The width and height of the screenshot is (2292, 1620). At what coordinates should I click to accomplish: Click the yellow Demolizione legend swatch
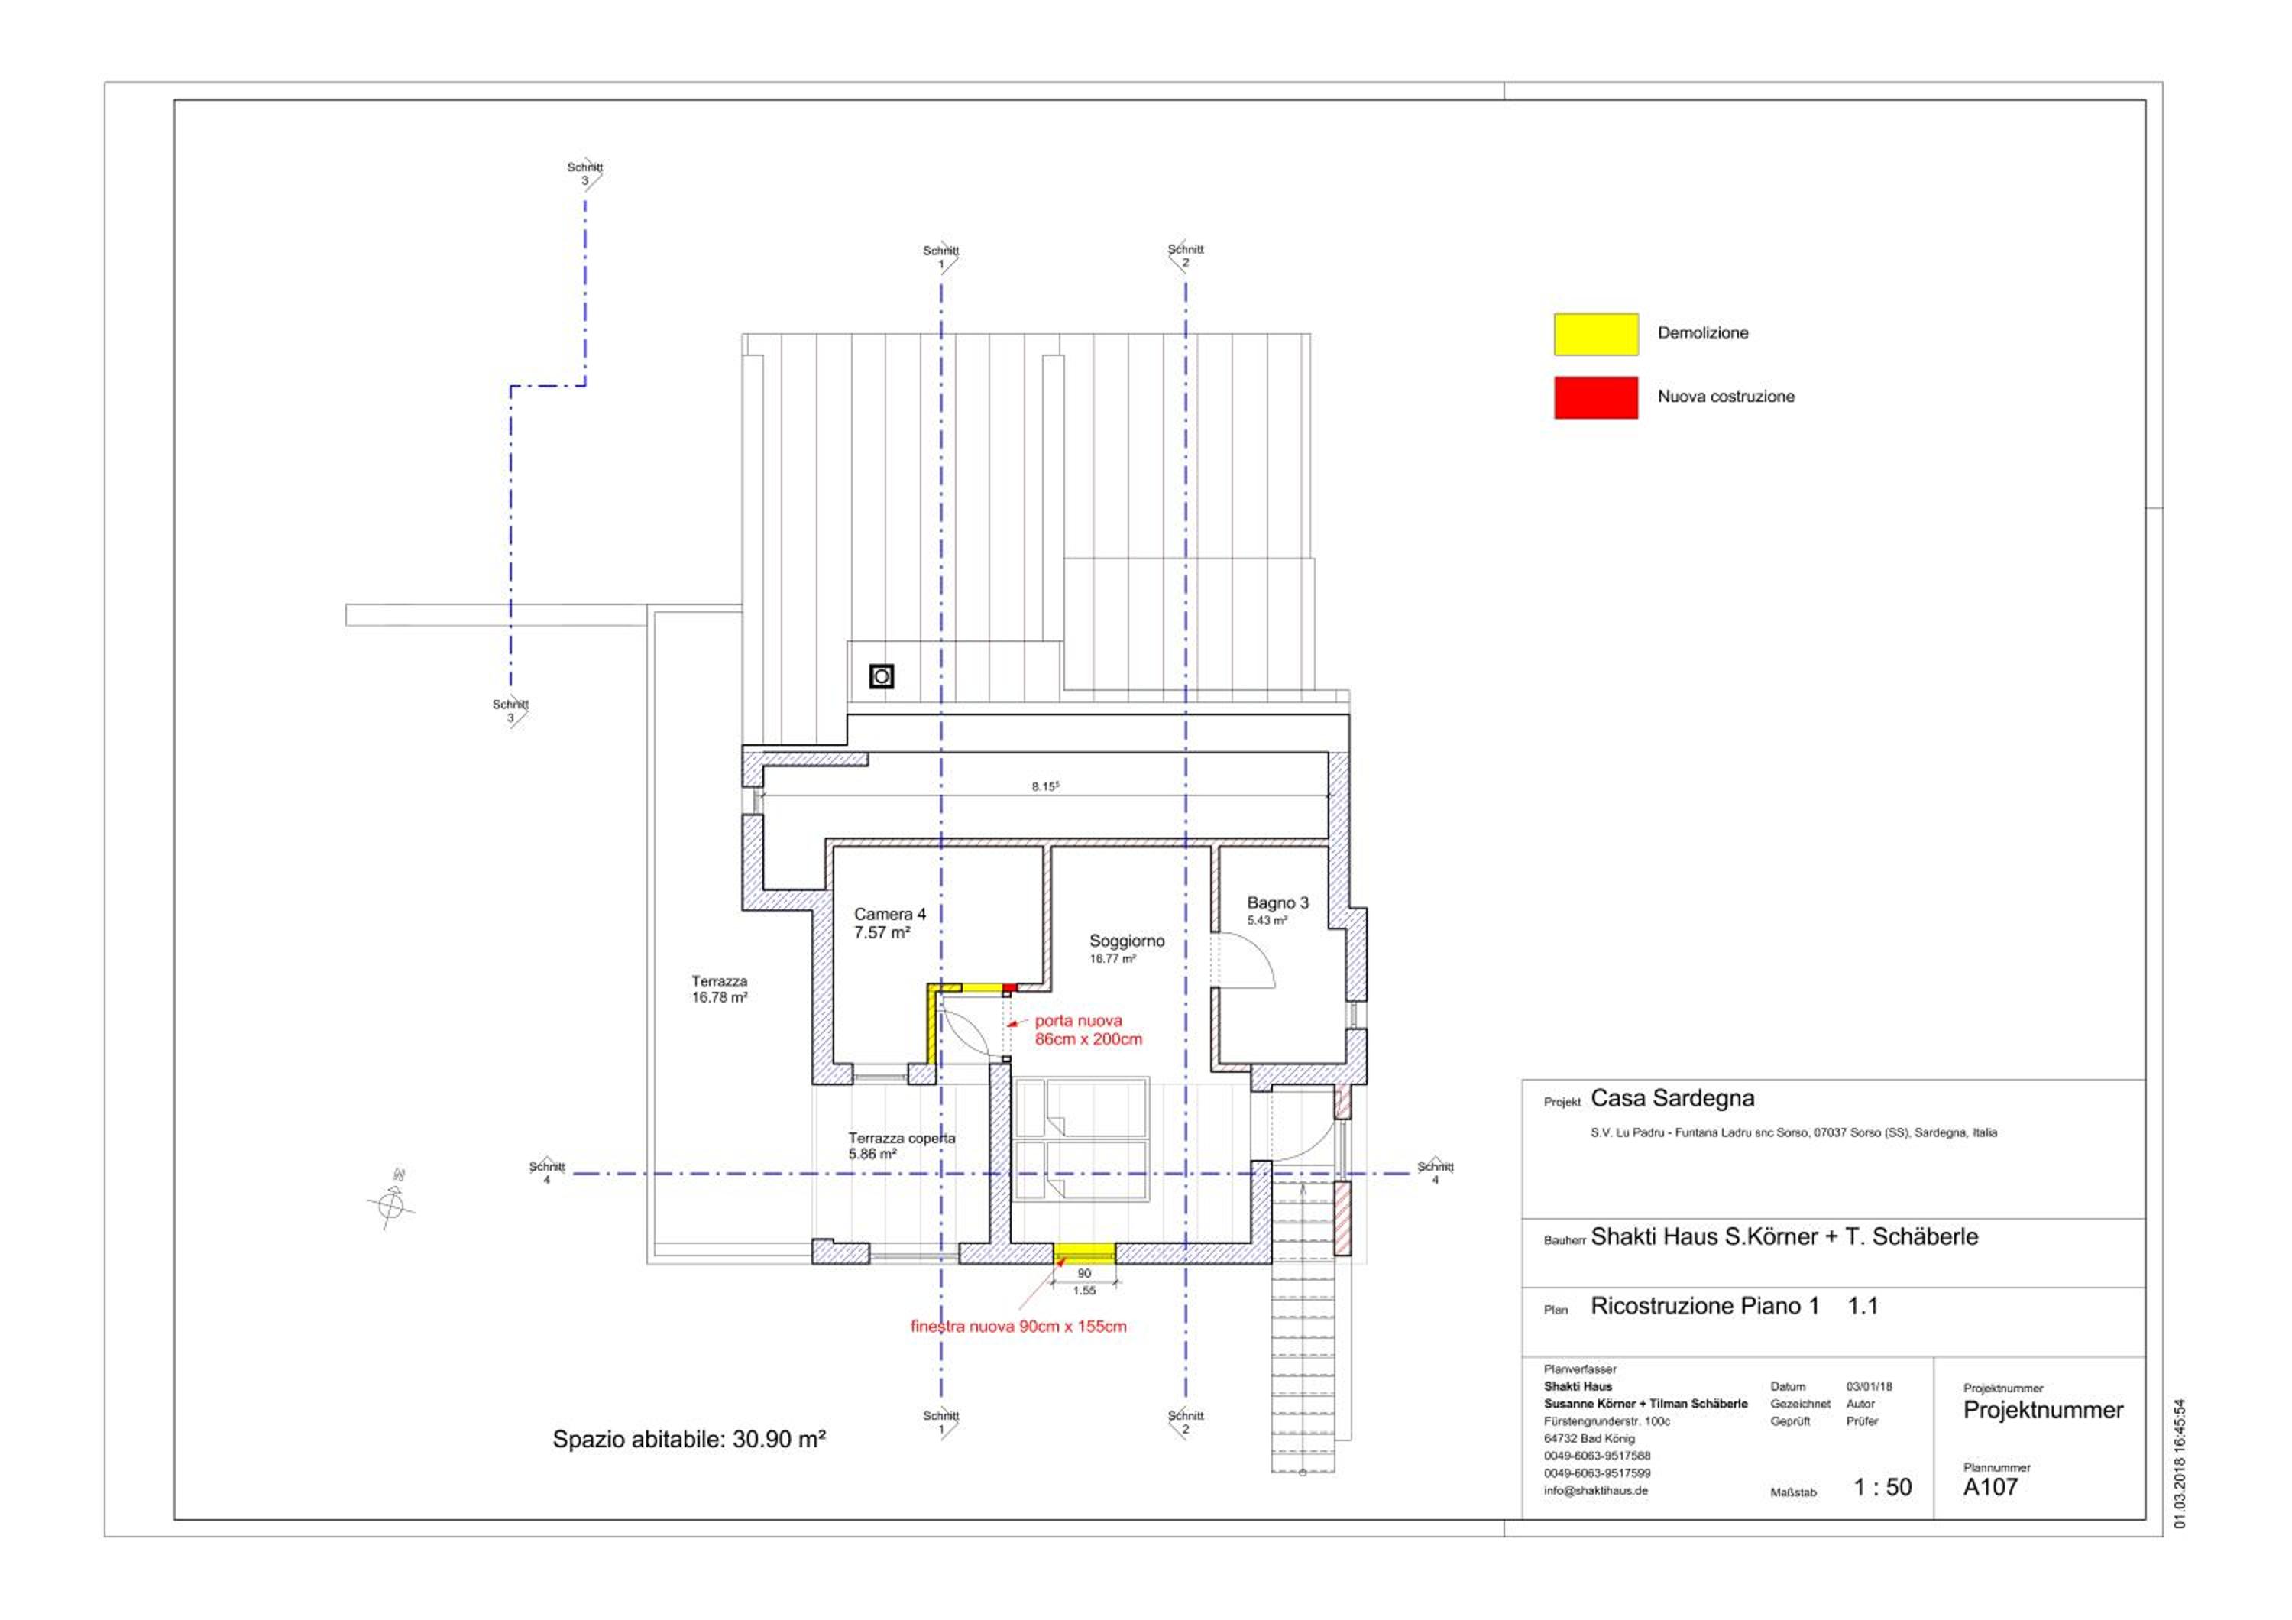(1595, 335)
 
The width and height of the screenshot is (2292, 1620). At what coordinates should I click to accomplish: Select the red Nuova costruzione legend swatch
(1595, 397)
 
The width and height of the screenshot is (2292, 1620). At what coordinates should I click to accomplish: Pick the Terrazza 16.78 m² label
(720, 989)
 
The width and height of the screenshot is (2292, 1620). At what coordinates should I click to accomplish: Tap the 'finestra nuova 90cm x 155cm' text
(1018, 1327)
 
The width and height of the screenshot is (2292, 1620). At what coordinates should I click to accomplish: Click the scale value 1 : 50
(1882, 1487)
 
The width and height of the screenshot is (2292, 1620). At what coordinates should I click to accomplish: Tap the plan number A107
(1990, 1487)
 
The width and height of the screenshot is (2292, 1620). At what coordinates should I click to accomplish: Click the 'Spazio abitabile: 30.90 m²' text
(689, 1440)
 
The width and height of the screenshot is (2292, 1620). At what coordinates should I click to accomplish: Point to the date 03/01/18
(1869, 1386)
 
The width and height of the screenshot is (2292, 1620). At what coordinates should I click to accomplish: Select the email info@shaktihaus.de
(1595, 1490)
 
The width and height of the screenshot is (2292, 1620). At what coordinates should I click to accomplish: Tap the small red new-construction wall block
(1009, 987)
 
